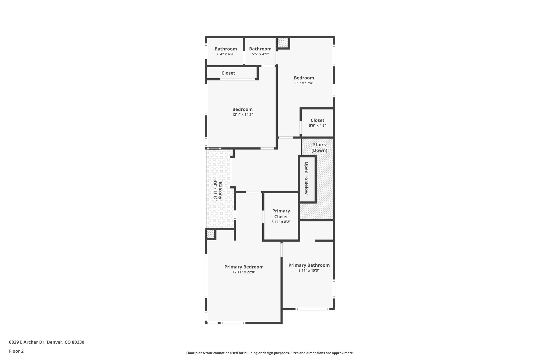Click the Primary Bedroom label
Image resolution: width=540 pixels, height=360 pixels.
coord(244,267)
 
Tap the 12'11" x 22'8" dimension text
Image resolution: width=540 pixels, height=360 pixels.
coord(244,272)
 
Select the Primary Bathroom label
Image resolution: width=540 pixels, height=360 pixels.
coord(309,265)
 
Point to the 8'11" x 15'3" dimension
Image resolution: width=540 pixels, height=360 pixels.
coord(309,270)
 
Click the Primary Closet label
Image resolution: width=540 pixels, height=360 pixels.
coord(281,214)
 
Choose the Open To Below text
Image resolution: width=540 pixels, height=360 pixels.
coord(306,178)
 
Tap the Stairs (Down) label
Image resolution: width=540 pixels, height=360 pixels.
coord(319,148)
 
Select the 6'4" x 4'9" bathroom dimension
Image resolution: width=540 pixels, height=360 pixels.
coord(226,54)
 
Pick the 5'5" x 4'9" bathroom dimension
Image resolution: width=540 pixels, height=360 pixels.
coord(260,54)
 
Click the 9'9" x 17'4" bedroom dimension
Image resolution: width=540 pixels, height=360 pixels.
coord(304,83)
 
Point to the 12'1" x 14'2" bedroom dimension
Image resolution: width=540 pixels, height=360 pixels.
coord(243,114)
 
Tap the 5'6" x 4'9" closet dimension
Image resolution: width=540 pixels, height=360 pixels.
coord(317,126)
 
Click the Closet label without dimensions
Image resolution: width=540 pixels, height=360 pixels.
coord(228,73)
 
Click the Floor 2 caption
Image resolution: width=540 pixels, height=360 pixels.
coord(16,351)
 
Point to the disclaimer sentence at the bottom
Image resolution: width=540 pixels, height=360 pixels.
coord(270,353)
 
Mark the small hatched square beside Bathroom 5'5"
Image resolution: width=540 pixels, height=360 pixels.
coord(283,43)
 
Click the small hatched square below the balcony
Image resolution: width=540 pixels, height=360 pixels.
coord(210,234)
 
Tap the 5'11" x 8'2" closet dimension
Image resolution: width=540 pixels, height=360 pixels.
coord(281,222)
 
